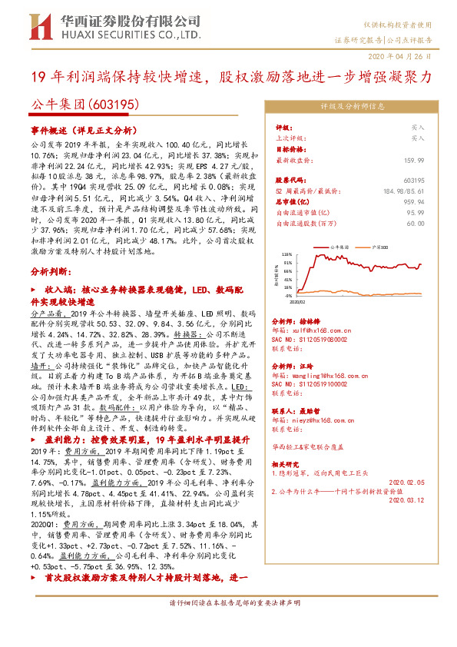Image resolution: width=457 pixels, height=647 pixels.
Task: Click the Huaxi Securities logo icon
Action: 38,28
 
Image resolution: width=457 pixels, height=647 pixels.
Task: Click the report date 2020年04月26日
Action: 406,57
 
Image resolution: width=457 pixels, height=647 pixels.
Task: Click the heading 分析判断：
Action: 51,273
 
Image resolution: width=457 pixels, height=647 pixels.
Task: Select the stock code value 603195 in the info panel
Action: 413,179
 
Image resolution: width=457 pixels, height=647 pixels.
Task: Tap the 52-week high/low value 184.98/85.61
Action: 402,189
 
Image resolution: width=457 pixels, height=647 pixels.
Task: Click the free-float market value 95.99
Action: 416,212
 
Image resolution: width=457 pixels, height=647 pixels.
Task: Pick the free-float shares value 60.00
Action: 416,223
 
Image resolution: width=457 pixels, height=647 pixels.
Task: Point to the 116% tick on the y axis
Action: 286,254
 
